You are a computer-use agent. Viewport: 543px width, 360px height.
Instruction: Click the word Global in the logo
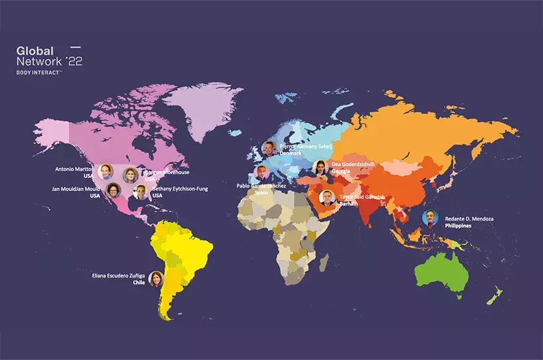[35, 51]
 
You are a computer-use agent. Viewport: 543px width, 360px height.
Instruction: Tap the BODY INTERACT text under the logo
[39, 73]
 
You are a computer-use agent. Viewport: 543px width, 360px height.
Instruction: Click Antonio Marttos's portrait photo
[105, 171]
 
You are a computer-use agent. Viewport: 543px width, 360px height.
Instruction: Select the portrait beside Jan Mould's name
[113, 190]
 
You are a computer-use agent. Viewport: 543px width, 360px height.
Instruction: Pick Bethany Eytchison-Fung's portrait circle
[140, 192]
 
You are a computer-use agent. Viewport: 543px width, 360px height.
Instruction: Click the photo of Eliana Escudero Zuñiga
[156, 279]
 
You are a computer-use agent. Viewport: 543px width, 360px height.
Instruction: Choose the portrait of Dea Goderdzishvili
[320, 168]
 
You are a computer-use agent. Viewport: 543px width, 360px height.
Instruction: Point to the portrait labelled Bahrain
[326, 198]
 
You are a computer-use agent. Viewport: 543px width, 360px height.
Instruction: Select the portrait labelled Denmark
[268, 148]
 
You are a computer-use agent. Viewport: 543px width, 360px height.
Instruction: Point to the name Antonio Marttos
[74, 169]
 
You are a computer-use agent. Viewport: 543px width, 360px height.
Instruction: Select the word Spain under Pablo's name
[262, 193]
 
